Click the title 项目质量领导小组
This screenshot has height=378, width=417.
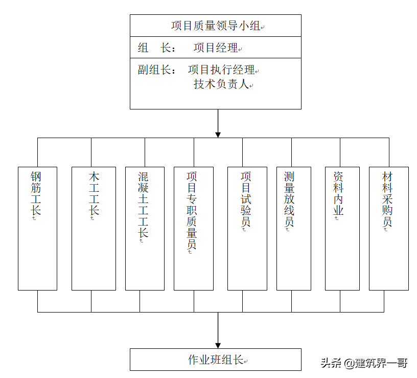click(x=215, y=26)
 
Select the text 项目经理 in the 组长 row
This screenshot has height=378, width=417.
click(x=216, y=48)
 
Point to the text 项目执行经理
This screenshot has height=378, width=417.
click(x=221, y=70)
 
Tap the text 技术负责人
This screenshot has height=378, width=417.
click(x=221, y=84)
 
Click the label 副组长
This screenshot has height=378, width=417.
click(x=156, y=70)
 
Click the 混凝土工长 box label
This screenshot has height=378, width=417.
click(x=143, y=205)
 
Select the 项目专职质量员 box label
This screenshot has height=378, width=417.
click(x=192, y=210)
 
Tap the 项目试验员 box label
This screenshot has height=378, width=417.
click(x=246, y=199)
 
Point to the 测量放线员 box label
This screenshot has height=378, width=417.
click(x=289, y=199)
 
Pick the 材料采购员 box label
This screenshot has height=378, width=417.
click(x=387, y=199)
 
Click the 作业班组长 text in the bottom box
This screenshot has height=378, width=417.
click(x=215, y=360)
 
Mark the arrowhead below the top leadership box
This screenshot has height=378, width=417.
click(x=218, y=135)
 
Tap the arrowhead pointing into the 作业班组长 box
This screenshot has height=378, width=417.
click(x=218, y=345)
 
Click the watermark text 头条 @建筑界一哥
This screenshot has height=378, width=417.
click(x=364, y=363)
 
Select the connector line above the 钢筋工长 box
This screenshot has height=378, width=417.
click(x=37, y=152)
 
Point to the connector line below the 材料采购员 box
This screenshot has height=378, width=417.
click(x=384, y=301)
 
